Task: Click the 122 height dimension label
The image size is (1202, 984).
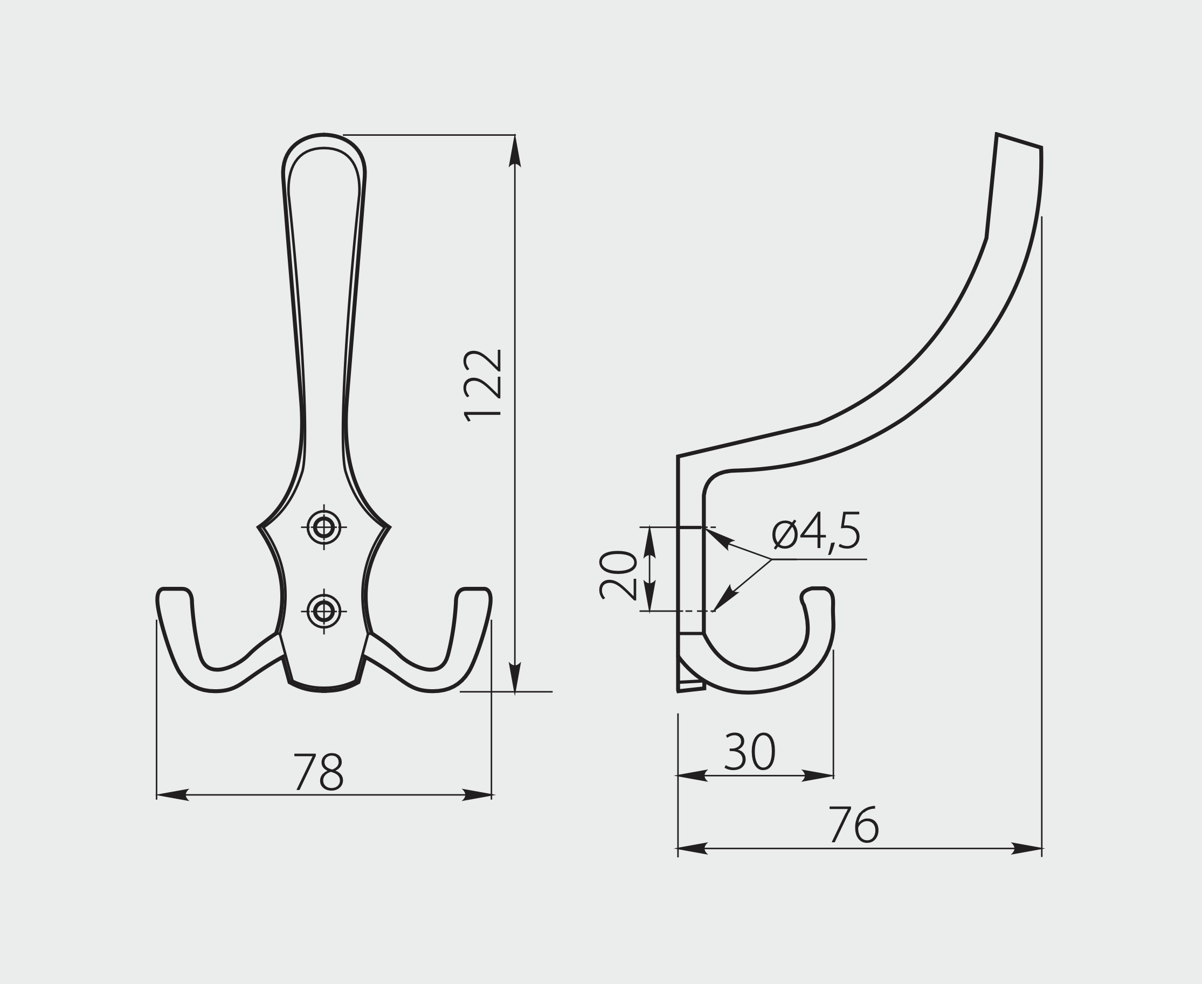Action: [x=482, y=385]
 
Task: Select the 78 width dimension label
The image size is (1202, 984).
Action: [x=319, y=772]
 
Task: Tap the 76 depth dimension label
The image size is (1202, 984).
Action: [x=854, y=824]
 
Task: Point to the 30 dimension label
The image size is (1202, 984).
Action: [x=750, y=752]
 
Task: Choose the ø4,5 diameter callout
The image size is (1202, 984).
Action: [x=817, y=531]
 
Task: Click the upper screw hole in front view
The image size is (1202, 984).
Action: [x=324, y=527]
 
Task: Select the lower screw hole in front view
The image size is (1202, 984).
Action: [x=324, y=611]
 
